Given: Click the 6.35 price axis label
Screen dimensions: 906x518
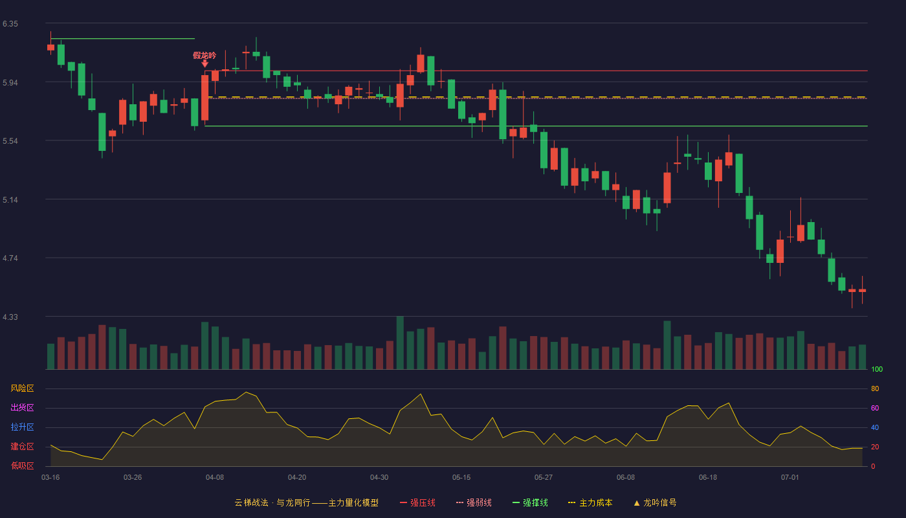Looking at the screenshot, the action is pyautogui.click(x=10, y=24).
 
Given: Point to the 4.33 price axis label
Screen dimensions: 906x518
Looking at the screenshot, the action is pyautogui.click(x=10, y=317).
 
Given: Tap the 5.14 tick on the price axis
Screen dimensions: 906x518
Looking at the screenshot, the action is pyautogui.click(x=10, y=200).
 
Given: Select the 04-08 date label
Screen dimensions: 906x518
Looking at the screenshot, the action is pyautogui.click(x=215, y=478).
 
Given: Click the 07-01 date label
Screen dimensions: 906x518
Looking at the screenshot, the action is pyautogui.click(x=790, y=478).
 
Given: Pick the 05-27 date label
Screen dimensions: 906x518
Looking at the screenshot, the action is pyautogui.click(x=543, y=478).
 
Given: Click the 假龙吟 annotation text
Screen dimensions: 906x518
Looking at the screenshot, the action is pyautogui.click(x=204, y=56).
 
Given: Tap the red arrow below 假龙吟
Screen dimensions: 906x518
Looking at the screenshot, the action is pyautogui.click(x=205, y=63).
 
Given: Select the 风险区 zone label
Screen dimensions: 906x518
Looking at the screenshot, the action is pyautogui.click(x=22, y=388).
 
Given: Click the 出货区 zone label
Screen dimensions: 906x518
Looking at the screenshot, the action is pyautogui.click(x=22, y=407).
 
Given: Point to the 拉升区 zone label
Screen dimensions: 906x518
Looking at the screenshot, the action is pyautogui.click(x=22, y=427).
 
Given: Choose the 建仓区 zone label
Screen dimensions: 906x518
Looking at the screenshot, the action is pyautogui.click(x=22, y=446).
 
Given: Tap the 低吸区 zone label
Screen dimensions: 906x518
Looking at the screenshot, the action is pyautogui.click(x=22, y=466).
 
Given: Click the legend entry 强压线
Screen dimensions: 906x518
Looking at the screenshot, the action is pyautogui.click(x=417, y=502).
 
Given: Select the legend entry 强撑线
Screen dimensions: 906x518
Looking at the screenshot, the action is pyautogui.click(x=530, y=502).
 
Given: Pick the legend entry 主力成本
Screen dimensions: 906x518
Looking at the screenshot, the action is pyautogui.click(x=590, y=502).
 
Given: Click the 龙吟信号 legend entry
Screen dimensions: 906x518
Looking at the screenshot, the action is pyautogui.click(x=655, y=502).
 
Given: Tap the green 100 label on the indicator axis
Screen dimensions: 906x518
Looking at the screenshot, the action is pyautogui.click(x=877, y=369).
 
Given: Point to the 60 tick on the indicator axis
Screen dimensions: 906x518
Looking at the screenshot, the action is pyautogui.click(x=875, y=408).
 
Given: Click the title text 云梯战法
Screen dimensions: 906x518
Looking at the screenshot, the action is pyautogui.click(x=252, y=502).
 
